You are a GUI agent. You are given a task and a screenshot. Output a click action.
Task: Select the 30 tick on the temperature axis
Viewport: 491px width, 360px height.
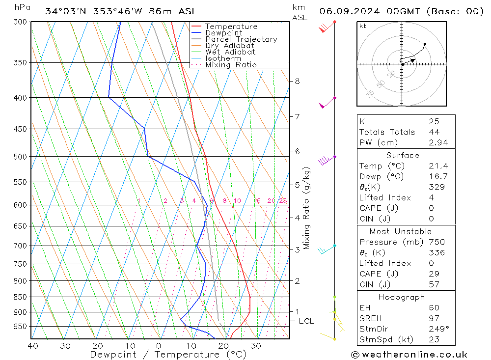pos(255,346)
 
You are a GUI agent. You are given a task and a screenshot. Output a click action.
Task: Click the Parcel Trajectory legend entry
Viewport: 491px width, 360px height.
pos(241,39)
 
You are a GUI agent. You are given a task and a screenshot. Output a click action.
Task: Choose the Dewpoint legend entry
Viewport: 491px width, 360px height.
pos(223,33)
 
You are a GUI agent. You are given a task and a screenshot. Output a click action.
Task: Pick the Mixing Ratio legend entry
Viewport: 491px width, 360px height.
pos(231,65)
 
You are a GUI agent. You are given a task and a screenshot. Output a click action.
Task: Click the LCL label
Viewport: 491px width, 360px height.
pos(306,321)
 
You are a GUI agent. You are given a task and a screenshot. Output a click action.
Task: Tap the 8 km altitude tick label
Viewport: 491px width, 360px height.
pos(298,81)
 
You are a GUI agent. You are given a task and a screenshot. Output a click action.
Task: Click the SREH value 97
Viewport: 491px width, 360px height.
pos(434,318)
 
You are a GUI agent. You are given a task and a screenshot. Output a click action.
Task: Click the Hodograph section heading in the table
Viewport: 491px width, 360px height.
pos(402,297)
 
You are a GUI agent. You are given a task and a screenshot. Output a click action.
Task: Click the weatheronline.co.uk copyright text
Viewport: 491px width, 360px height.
pos(409,355)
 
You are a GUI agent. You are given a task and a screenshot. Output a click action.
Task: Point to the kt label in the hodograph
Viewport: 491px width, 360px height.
pos(363,26)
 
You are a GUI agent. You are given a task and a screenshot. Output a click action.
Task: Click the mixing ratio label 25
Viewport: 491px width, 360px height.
pos(283,201)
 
